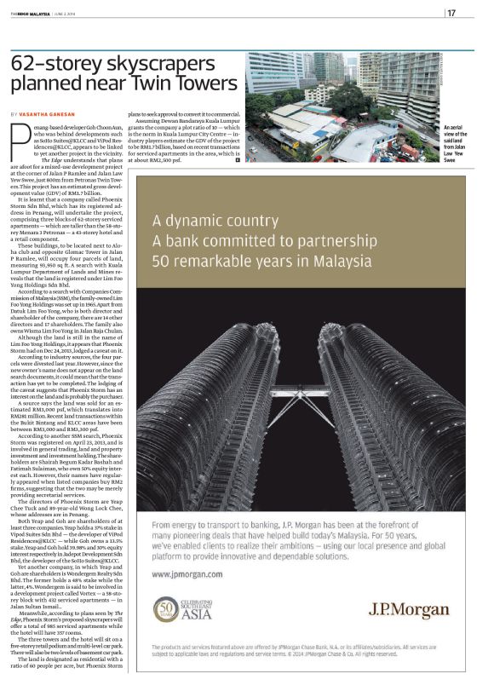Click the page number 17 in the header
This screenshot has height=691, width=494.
(x=451, y=12)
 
